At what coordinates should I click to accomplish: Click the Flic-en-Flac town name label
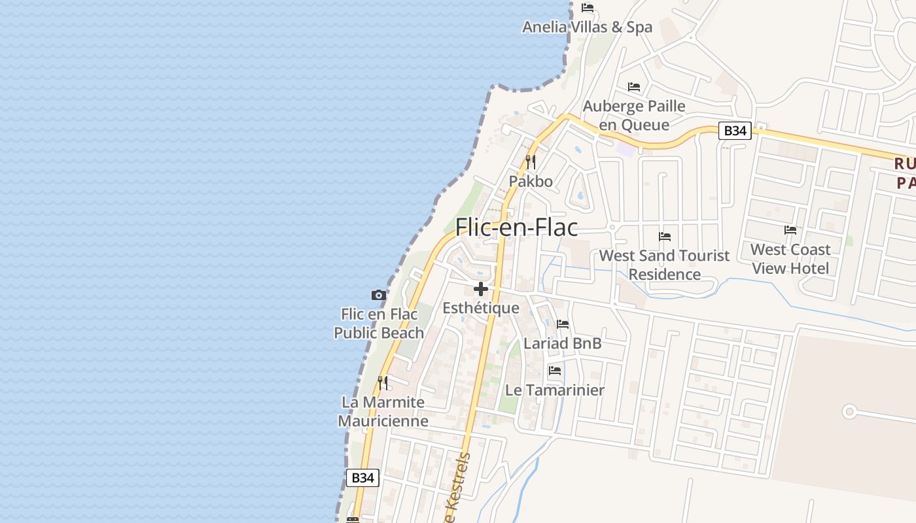(x=516, y=227)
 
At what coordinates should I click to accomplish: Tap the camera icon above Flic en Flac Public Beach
(x=378, y=295)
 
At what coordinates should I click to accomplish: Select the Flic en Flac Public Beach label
(x=379, y=324)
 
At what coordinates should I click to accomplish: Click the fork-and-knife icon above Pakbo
(x=531, y=161)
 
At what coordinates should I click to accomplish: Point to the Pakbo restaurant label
(x=531, y=181)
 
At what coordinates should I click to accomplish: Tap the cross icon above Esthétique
(x=481, y=289)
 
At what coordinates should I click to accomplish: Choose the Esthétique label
(x=481, y=308)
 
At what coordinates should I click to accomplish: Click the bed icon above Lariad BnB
(x=562, y=324)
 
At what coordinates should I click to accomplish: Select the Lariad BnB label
(x=562, y=343)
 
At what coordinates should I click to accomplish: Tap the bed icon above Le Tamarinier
(x=555, y=371)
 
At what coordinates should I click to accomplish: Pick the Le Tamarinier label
(x=555, y=390)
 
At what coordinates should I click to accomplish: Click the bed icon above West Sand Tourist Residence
(x=665, y=237)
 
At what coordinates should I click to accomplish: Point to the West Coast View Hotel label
(x=790, y=259)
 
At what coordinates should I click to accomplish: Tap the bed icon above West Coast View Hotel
(x=790, y=230)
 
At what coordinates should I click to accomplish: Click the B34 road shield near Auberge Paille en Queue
(x=735, y=131)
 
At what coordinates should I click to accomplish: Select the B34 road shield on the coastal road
(x=362, y=478)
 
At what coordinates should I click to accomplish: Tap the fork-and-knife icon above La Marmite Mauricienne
(x=383, y=382)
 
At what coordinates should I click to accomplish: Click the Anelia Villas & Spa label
(x=587, y=27)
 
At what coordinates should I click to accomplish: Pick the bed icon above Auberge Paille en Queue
(x=634, y=87)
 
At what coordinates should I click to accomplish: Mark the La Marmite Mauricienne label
(x=383, y=411)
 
